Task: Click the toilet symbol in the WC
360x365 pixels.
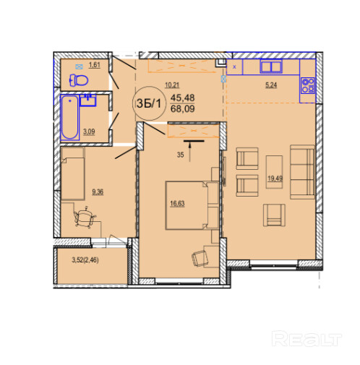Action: (79, 80)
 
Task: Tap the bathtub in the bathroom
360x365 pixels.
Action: (69, 117)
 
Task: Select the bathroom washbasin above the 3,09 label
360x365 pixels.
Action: (88, 100)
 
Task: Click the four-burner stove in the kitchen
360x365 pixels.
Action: (308, 85)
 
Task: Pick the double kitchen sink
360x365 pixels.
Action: (271, 66)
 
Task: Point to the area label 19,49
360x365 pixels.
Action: (275, 179)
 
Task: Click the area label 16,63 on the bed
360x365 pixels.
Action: (177, 204)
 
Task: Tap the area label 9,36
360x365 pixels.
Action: (98, 192)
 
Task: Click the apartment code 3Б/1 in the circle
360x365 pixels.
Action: (148, 103)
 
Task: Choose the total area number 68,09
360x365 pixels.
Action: (182, 108)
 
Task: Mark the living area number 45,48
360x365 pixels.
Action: (182, 98)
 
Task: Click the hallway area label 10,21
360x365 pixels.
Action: (172, 85)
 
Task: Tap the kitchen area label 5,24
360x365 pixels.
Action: (271, 85)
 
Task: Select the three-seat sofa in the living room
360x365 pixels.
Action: (302, 172)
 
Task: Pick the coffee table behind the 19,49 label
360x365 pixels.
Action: (274, 172)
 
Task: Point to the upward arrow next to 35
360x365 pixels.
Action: (190, 152)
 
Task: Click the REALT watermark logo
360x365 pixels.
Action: (307, 338)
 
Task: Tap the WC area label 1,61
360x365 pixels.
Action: (95, 65)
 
